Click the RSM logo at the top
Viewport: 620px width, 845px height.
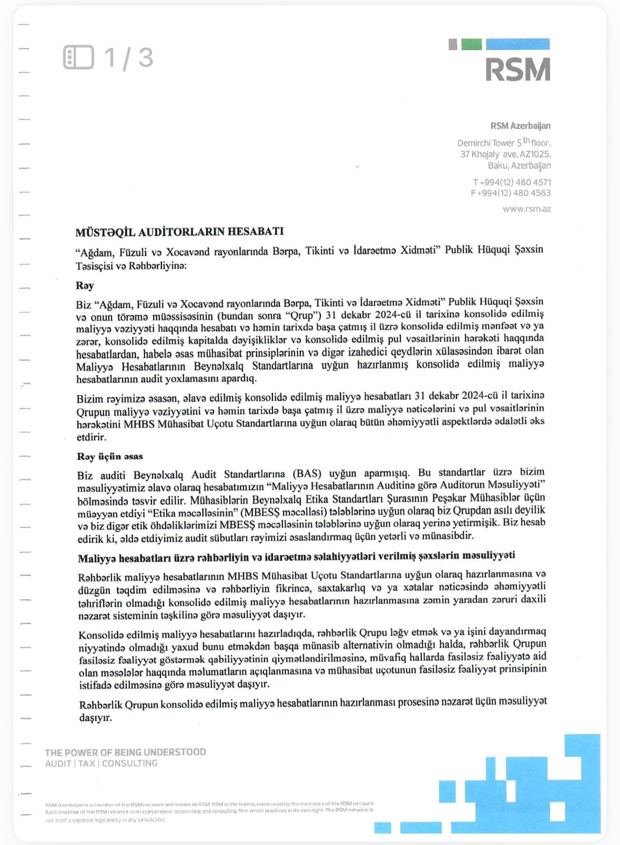pyautogui.click(x=518, y=69)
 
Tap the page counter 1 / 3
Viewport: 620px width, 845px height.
pyautogui.click(x=128, y=58)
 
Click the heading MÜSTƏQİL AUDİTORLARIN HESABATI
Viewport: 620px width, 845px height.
pyautogui.click(x=180, y=232)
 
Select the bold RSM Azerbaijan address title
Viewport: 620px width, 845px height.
pyautogui.click(x=520, y=126)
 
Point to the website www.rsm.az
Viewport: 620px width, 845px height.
pyautogui.click(x=527, y=209)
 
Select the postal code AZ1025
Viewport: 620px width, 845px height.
pyautogui.click(x=535, y=154)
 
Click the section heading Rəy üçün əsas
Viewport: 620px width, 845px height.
pyautogui.click(x=110, y=456)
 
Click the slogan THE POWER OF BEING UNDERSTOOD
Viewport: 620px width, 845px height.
pyautogui.click(x=126, y=752)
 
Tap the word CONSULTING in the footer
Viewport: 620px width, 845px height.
pyautogui.click(x=130, y=763)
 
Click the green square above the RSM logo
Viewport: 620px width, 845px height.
pyautogui.click(x=472, y=44)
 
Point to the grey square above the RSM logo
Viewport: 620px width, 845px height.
pyautogui.click(x=453, y=44)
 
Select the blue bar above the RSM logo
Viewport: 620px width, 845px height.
pyautogui.click(x=518, y=44)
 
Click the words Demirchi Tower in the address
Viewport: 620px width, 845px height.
pyautogui.click(x=485, y=143)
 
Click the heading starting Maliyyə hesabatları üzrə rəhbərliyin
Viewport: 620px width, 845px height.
pyautogui.click(x=296, y=557)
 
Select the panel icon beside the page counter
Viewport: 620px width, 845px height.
pyautogui.click(x=79, y=57)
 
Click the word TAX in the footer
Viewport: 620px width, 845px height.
pyautogui.click(x=87, y=763)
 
